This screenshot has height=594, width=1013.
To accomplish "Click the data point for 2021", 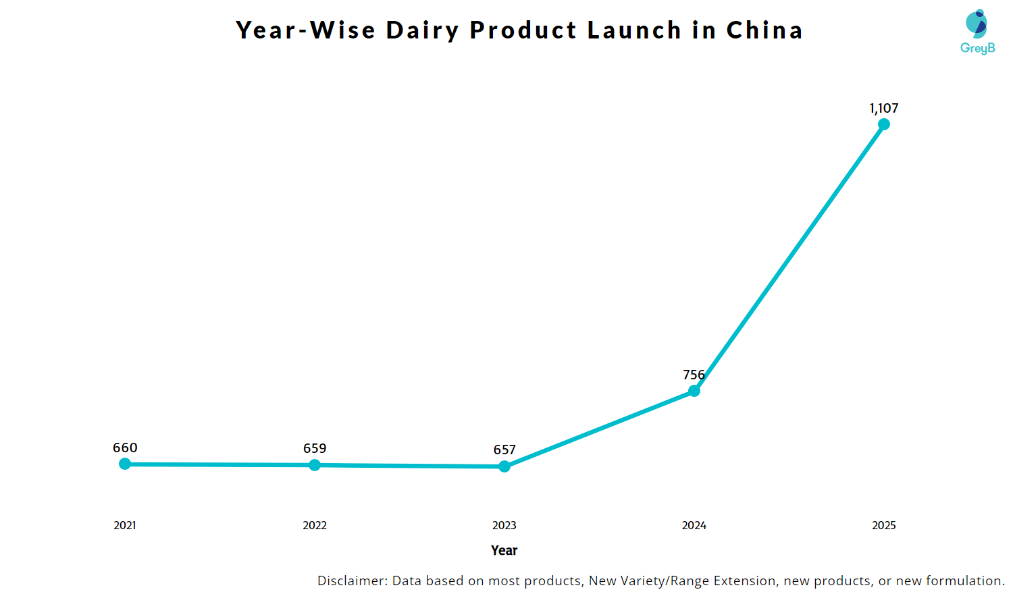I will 125,464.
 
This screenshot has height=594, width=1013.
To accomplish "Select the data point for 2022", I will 315,465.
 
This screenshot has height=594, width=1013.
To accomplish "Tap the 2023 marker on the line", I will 504,466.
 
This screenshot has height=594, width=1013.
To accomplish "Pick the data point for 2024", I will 694,391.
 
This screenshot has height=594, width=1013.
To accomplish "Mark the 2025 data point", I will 884,124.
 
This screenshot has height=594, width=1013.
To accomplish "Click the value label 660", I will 125,448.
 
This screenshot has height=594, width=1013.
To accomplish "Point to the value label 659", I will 315,448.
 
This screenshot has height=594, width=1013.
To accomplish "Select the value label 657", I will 504,450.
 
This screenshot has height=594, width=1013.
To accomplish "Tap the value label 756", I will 694,375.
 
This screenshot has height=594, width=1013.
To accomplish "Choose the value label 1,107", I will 884,108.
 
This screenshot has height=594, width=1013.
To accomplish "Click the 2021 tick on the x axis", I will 125,525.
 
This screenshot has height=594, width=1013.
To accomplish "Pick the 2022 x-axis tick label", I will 315,525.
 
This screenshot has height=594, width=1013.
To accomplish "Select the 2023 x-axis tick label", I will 504,525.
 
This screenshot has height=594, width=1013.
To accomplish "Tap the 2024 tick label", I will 694,525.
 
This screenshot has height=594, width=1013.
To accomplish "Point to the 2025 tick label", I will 884,525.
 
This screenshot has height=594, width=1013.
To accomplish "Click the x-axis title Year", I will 504,550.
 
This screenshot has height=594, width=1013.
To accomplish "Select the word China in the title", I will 764,30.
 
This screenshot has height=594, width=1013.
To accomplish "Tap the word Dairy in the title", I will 423,30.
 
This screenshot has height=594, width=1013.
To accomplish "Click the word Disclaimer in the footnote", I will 352,580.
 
